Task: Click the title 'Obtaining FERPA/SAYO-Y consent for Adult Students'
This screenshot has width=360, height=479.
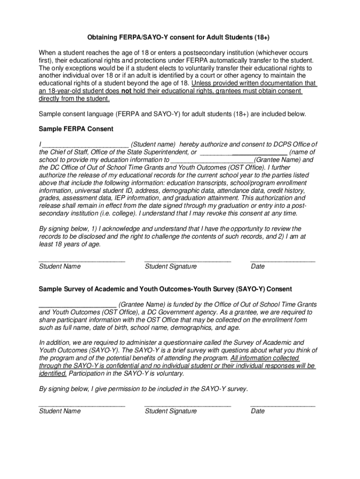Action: click(179, 37)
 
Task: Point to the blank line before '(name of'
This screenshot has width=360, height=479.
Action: click(243, 152)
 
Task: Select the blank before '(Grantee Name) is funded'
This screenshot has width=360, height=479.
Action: click(78, 305)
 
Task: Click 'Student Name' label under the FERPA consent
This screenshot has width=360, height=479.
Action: click(59, 267)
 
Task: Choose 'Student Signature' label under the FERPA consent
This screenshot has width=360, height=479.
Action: click(171, 267)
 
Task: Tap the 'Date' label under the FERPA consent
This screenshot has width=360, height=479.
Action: click(258, 267)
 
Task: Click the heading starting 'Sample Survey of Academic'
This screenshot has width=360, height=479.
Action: click(165, 290)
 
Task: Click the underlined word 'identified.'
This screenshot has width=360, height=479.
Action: click(52, 373)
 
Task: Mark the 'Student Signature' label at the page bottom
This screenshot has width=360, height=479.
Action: click(171, 411)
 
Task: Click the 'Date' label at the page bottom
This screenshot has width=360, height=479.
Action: click(258, 411)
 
